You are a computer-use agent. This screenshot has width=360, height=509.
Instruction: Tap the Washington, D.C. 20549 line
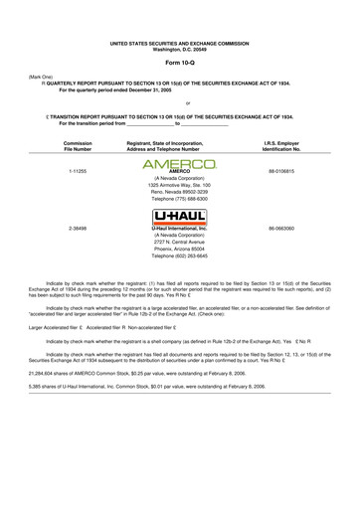pos(180,22)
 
